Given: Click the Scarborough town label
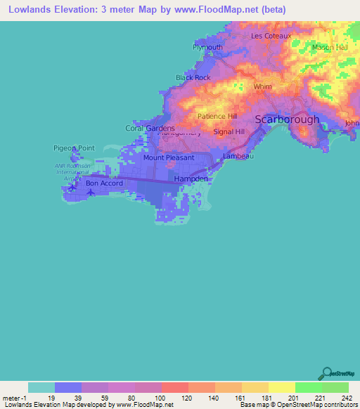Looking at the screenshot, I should click(x=287, y=119).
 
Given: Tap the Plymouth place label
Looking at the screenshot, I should click(x=207, y=48).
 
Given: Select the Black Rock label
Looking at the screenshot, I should click(x=193, y=77).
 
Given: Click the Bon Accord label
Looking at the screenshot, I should click(x=104, y=183).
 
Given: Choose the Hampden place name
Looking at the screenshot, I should click(x=191, y=179).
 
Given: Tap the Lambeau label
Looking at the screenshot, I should click(x=238, y=156).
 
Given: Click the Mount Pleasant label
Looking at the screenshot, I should click(x=169, y=158).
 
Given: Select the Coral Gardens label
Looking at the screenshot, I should click(x=150, y=129).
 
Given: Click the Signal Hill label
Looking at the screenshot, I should click(x=229, y=131).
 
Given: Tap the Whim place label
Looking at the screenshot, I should click(x=262, y=87).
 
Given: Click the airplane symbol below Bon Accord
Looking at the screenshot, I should click(x=90, y=193).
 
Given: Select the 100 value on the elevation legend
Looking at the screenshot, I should click(x=160, y=397).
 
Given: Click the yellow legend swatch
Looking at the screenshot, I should click(x=281, y=387).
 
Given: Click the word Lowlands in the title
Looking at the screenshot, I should click(x=30, y=10).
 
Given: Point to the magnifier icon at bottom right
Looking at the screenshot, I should click(x=326, y=374).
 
